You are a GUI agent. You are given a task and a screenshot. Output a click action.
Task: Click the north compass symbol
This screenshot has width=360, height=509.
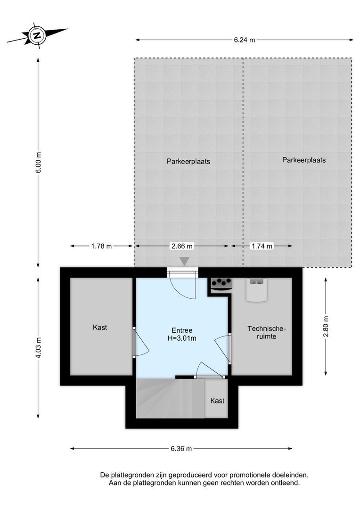click(37, 35)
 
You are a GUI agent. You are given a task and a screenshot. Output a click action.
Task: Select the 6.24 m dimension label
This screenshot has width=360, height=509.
click(244, 40)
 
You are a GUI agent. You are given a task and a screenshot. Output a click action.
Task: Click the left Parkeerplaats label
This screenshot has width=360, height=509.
click(188, 161)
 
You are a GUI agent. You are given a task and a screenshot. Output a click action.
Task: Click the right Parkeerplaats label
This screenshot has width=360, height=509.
click(304, 160)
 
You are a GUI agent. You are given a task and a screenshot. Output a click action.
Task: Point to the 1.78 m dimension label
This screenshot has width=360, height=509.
click(101, 246)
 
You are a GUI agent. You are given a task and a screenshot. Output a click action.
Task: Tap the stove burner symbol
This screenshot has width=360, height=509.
click(221, 283)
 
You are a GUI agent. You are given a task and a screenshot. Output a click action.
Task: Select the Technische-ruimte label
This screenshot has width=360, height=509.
click(267, 333)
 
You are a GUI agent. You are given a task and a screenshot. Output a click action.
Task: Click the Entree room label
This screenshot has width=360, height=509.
click(181, 330)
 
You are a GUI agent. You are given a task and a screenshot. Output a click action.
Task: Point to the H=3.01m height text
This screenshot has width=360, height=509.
click(181, 338)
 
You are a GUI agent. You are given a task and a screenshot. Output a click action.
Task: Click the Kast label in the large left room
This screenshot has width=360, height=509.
click(100, 327)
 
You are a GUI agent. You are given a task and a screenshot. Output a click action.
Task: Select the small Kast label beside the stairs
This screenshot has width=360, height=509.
click(217, 401)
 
